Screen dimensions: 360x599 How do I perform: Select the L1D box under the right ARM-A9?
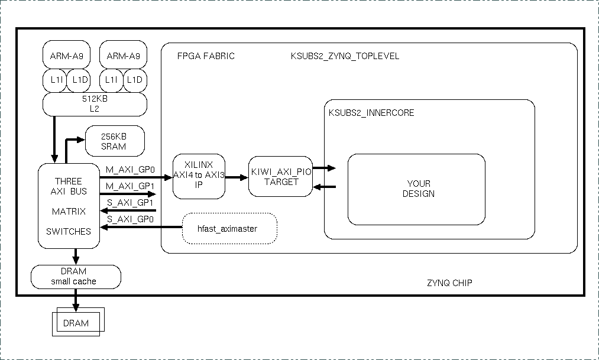click(x=135, y=80)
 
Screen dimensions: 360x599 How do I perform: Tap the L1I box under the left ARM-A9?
click(x=54, y=80)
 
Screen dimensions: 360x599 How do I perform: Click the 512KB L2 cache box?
click(x=95, y=104)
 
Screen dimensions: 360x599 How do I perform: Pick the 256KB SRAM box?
click(x=115, y=141)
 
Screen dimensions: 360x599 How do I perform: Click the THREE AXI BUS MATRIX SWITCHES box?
click(x=69, y=205)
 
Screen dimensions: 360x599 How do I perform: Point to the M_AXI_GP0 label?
click(x=130, y=169)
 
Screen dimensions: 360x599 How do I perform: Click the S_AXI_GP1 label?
click(x=130, y=203)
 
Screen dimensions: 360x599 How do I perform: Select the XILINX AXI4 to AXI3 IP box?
click(x=199, y=176)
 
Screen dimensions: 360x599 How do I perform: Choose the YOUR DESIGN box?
click(x=416, y=189)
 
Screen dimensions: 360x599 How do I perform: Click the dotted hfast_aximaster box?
click(x=229, y=228)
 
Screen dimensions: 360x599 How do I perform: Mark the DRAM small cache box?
click(x=75, y=277)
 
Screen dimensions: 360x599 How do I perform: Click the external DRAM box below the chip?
click(x=76, y=323)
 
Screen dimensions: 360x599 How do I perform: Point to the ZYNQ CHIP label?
click(x=449, y=283)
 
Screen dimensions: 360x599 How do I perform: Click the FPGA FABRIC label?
click(x=206, y=56)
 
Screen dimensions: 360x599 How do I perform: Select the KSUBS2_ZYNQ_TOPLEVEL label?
click(x=345, y=56)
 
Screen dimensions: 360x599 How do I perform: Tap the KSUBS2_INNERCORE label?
click(x=371, y=112)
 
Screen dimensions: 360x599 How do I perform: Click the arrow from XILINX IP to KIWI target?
click(x=237, y=176)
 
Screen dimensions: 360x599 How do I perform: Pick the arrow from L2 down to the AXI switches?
click(x=54, y=139)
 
